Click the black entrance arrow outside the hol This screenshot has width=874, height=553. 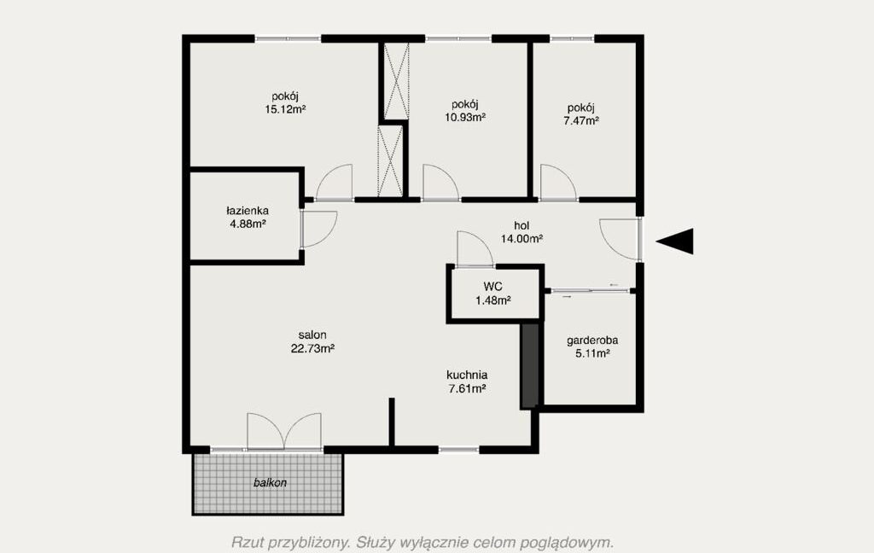point(677,242)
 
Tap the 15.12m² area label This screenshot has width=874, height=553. point(285,109)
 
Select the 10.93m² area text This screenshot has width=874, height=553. point(465,117)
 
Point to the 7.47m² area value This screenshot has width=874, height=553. point(580,120)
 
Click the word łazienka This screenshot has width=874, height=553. point(248,211)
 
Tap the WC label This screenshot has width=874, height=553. point(492,287)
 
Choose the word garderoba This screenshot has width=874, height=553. point(592,340)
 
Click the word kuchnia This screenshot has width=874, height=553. point(467,375)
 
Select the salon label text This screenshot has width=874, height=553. point(312,335)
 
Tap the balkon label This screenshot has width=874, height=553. point(270,483)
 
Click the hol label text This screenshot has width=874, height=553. point(521,226)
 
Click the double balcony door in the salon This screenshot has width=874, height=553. point(284,432)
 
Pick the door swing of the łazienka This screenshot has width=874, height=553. point(319,229)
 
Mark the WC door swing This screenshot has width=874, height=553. point(475,248)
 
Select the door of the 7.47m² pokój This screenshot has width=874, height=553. point(558,183)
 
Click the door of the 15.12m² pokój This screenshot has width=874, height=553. point(335,183)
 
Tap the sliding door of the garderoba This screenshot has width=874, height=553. point(591,290)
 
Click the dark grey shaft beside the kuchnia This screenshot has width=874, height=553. point(529,366)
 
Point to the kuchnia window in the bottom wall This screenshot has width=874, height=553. point(458,449)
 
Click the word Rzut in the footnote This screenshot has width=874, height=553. point(247,542)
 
